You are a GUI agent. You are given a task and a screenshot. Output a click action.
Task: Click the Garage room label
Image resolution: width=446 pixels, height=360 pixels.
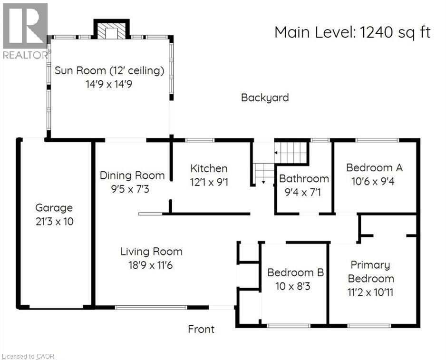[54, 208]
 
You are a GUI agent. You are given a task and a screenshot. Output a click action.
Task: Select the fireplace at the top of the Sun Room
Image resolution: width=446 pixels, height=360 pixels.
[111, 30]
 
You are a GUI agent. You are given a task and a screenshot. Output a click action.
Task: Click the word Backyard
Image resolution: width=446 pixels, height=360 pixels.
[265, 98]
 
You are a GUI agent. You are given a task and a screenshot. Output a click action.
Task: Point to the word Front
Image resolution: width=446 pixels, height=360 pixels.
[201, 329]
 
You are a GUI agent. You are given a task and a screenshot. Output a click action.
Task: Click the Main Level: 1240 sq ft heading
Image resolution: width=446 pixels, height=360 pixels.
[352, 32]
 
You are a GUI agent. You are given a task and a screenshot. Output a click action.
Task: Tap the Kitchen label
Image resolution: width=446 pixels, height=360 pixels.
[209, 168]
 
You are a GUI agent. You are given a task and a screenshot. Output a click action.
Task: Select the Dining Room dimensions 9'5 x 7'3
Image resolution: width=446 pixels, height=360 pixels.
[132, 189]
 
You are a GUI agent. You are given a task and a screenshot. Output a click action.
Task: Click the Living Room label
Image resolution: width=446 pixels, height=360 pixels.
[151, 252]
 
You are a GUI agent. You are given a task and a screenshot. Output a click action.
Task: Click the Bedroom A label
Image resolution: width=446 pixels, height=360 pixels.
[374, 167]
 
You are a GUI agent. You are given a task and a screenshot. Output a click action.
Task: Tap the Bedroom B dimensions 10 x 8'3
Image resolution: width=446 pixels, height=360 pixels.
[295, 286]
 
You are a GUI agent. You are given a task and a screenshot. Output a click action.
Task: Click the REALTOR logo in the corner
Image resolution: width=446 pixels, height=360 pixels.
[25, 31]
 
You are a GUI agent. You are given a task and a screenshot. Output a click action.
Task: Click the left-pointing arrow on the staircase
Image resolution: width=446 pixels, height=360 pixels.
[277, 153]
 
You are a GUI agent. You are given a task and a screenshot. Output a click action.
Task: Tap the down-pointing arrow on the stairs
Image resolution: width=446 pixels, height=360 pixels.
[263, 182]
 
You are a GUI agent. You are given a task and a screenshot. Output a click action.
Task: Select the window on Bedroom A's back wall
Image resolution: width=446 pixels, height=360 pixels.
[377, 140]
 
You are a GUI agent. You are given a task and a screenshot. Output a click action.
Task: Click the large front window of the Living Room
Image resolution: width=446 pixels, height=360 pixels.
[151, 308]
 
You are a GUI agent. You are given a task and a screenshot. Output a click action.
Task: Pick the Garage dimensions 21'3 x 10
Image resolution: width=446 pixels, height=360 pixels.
[54, 222]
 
